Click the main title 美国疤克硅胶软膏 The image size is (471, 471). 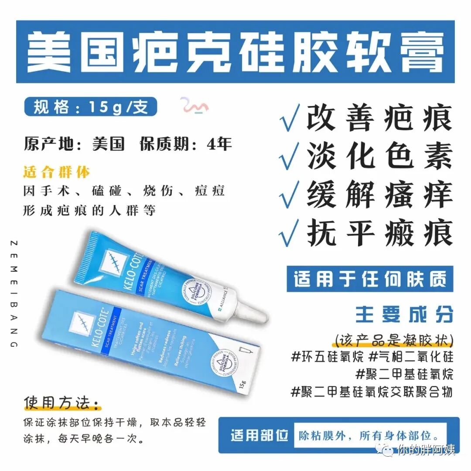pos(235,52)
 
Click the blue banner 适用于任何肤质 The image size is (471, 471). pos(370,279)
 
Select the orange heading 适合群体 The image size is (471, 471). pos(57,172)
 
